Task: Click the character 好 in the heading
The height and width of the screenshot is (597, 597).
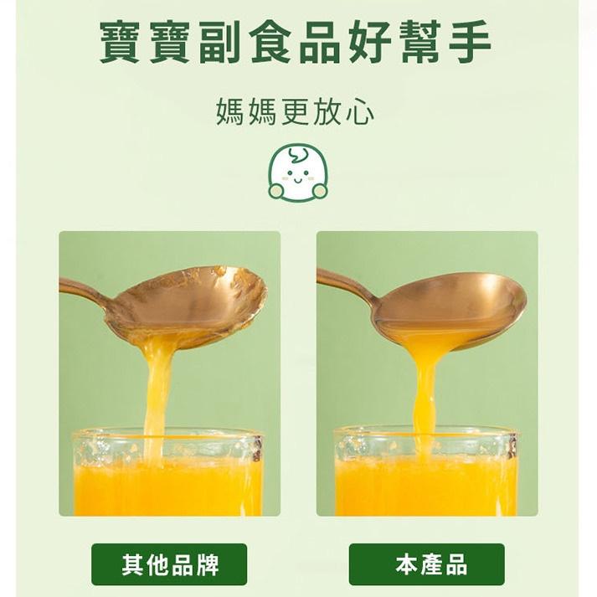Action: click(370, 41)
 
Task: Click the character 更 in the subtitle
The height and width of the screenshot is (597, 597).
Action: click(296, 111)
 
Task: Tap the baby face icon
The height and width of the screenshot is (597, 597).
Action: click(298, 172)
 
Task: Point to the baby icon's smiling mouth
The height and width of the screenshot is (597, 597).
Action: click(297, 179)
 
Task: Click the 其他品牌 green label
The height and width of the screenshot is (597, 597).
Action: click(169, 564)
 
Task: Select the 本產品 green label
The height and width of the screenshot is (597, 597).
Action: click(427, 564)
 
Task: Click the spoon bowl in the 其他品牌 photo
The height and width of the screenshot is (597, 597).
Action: click(187, 305)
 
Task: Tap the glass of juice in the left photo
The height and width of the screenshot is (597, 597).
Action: click(167, 472)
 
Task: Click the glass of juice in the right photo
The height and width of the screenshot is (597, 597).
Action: click(425, 472)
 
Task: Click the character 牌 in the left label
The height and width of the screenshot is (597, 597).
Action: click(207, 564)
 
